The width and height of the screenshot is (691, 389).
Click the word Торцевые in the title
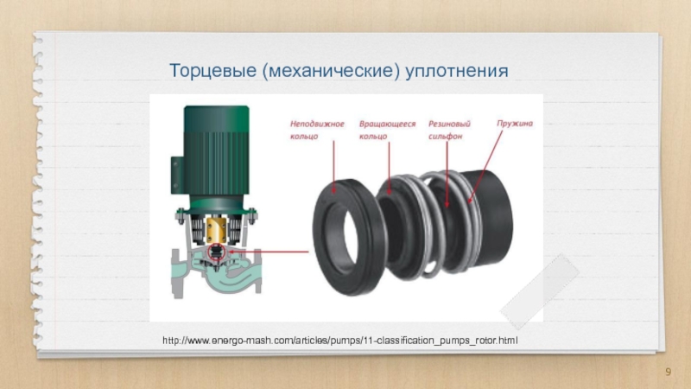(x=212, y=71)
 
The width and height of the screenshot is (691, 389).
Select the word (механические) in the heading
(x=331, y=71)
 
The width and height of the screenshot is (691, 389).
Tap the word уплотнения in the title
(x=457, y=72)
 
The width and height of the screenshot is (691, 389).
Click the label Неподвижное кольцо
(x=317, y=131)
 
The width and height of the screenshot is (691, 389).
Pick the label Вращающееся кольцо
(x=387, y=131)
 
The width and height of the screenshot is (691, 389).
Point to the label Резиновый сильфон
(x=449, y=131)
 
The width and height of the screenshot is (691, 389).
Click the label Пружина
(x=515, y=124)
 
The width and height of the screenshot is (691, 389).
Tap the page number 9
(x=668, y=372)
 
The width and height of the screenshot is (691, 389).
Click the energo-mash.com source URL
(x=339, y=341)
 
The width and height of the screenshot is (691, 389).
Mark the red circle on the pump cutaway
(x=217, y=253)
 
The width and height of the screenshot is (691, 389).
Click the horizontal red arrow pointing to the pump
(x=268, y=252)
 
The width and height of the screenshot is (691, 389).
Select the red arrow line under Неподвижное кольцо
(x=333, y=167)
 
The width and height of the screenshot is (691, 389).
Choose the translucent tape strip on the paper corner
(x=540, y=291)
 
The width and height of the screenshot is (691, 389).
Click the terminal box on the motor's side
(x=177, y=175)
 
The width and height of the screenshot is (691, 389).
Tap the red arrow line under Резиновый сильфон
(x=447, y=175)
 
